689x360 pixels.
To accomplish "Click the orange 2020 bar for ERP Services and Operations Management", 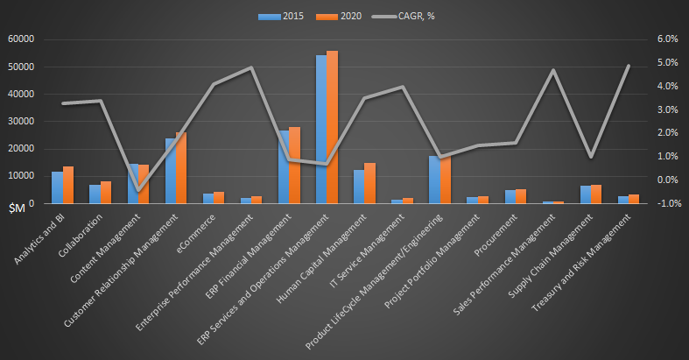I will tap(332, 127).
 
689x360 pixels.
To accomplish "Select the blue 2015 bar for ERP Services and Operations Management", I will tap(321, 129).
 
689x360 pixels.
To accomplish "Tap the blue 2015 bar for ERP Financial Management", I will tap(284, 167).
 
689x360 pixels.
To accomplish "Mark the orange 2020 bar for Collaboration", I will tap(106, 193).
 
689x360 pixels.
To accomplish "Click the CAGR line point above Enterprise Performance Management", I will tap(251, 67).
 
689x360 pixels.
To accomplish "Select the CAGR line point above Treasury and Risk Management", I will tap(628, 67).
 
